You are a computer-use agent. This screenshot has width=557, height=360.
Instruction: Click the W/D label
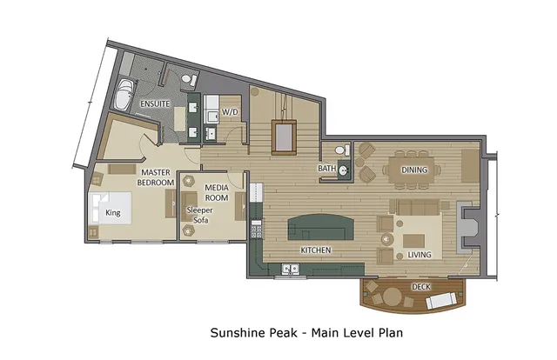click(x=230, y=112)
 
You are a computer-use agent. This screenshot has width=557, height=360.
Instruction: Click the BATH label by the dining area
click(x=327, y=169)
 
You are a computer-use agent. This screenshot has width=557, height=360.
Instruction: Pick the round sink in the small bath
click(x=345, y=170)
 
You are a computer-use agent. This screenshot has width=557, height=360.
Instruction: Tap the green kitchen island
click(x=323, y=229)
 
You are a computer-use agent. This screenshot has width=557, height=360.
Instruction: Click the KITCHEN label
click(x=315, y=250)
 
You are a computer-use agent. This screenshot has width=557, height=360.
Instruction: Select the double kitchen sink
click(x=289, y=270)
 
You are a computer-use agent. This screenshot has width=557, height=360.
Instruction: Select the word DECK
click(x=421, y=286)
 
